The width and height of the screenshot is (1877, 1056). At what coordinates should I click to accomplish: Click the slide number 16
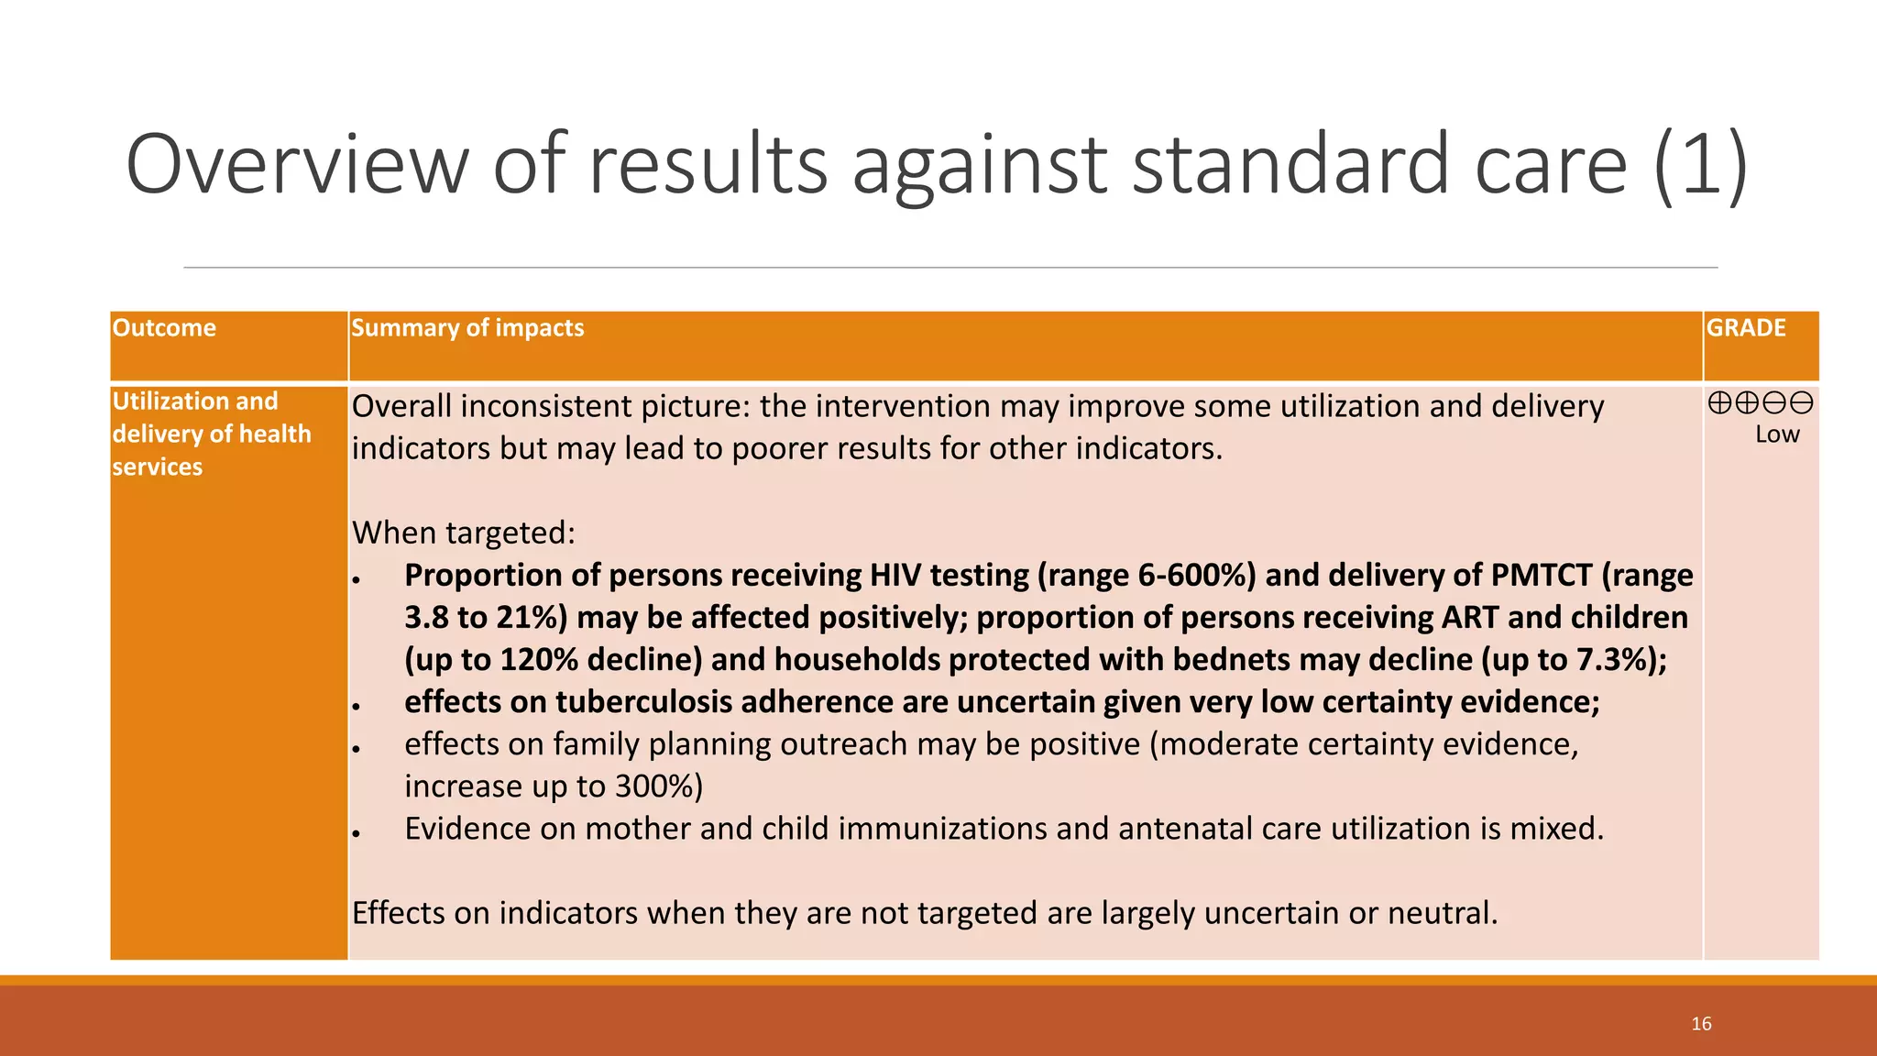point(1701,1024)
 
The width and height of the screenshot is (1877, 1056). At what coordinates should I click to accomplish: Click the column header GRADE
point(1745,328)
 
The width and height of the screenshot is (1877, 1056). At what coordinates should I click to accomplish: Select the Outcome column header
point(164,328)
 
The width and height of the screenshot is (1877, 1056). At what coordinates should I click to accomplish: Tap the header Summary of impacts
point(467,328)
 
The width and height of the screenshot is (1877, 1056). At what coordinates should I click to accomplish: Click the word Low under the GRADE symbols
point(1777,435)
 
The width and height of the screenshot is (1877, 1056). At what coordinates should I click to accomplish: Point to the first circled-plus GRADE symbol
point(1719,403)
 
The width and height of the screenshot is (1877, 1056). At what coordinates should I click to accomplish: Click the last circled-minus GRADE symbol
point(1802,403)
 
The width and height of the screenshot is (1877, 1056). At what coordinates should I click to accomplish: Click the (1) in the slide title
point(1701,165)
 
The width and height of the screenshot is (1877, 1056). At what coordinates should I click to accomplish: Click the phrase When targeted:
point(464,533)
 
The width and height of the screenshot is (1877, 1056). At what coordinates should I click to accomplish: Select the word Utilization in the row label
point(170,401)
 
